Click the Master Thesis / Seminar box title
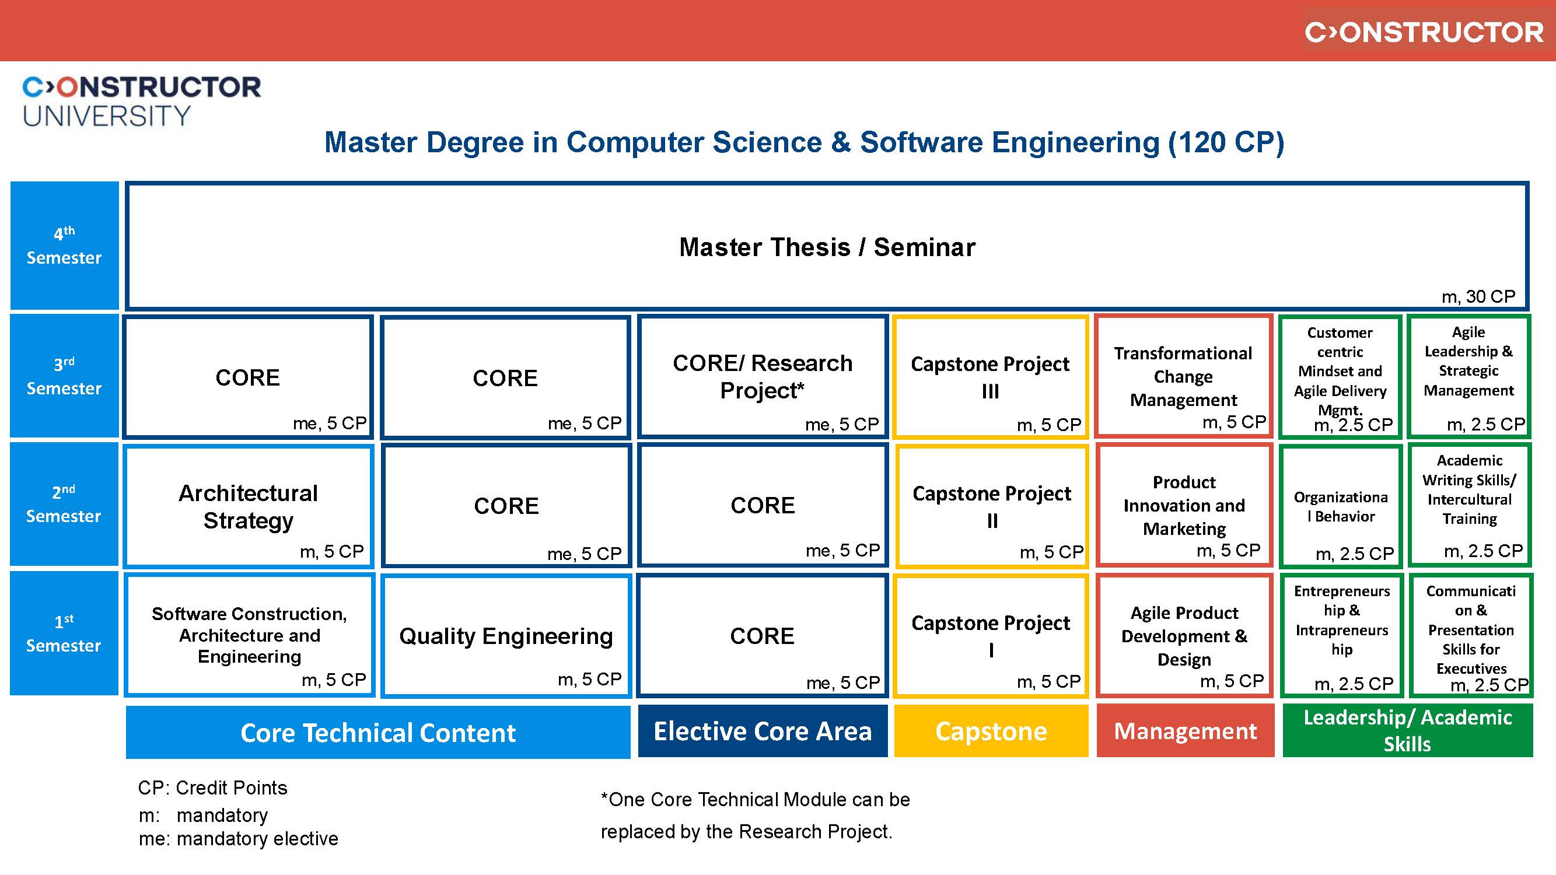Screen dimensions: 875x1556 827,247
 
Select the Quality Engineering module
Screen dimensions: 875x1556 506,636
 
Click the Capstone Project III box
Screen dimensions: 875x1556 991,377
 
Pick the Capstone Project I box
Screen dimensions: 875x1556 991,635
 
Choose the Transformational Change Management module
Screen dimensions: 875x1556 1183,376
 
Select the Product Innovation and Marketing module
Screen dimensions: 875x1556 1184,505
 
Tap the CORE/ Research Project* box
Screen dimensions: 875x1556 763,376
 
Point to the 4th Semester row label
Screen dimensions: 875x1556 64,246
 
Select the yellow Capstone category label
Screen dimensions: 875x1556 991,731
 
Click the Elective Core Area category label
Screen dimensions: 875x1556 763,731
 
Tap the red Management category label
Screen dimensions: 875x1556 1184,731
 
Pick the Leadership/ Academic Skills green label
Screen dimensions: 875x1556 1407,730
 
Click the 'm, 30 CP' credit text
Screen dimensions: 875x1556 1478,296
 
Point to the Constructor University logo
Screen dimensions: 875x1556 141,101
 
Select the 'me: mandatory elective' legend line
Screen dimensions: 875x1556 238,839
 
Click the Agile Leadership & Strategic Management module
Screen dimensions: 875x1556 1468,361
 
